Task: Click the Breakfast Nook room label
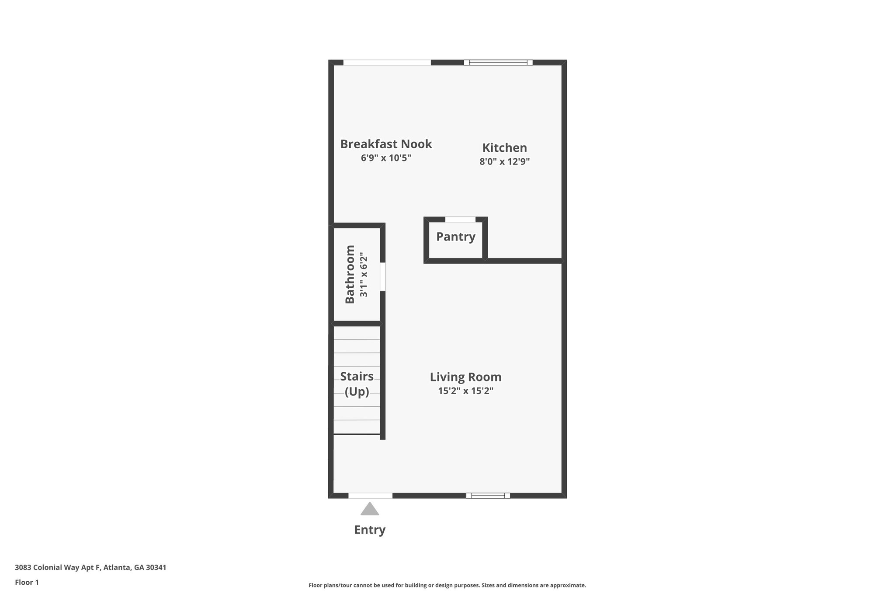pos(386,144)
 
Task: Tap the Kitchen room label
pos(504,148)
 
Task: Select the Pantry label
pos(455,237)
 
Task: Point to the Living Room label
pos(465,377)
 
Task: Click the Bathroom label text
pos(350,274)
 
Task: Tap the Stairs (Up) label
pos(357,384)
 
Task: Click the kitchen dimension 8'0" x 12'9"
pos(504,161)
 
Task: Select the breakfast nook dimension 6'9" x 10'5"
pos(386,158)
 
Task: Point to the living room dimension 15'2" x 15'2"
pos(465,391)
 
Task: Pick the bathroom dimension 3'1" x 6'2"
pos(364,275)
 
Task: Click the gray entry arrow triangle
pos(370,509)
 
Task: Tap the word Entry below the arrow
pos(370,530)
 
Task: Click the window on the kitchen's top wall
pos(498,63)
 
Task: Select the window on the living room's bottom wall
pos(488,496)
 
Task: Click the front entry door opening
pos(370,496)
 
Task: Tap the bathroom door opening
pos(382,276)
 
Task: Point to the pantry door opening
pos(460,219)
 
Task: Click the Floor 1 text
pos(27,582)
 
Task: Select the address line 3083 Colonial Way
pos(90,567)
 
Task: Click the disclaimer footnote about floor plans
pos(447,585)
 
